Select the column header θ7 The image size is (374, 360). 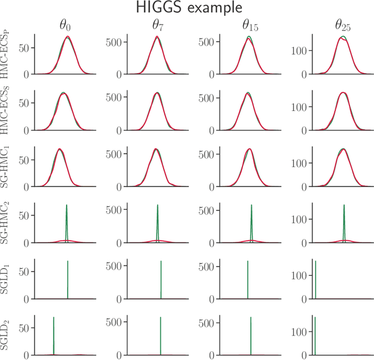(x=157, y=26)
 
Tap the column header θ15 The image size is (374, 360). (x=251, y=26)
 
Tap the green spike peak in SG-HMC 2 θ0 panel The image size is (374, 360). (x=67, y=205)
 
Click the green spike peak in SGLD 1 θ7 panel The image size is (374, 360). (x=161, y=261)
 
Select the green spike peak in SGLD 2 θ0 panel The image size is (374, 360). (x=54, y=317)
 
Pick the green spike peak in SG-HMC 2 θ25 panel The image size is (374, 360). (x=344, y=205)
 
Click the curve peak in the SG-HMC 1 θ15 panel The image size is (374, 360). (x=250, y=149)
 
